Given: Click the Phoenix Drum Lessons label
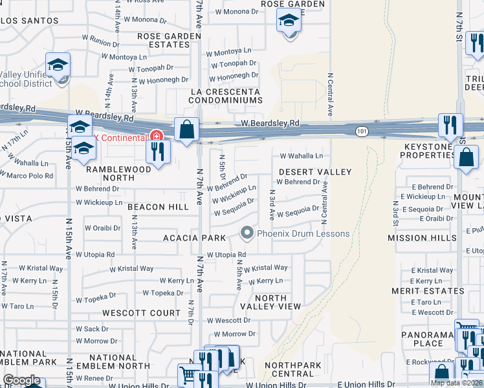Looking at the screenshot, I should pos(303,233).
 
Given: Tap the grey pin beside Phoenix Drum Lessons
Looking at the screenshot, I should pos(247,232).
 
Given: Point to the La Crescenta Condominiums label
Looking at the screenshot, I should pos(225,96).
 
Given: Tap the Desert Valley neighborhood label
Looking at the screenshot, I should pos(315,172).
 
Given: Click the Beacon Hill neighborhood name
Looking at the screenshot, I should pos(158,207).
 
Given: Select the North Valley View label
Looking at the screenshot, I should pos(270,302).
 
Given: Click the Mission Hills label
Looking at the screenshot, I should pos(417,238).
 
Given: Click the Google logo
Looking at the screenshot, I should pos(21,380).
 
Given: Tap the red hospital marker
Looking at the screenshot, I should pos(155,136).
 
